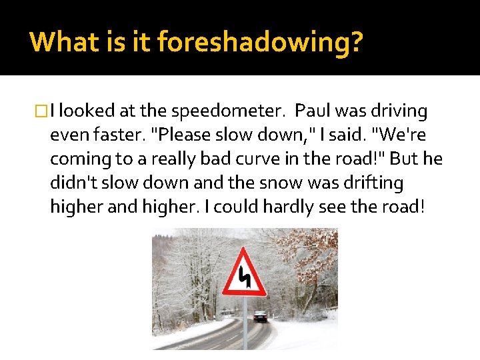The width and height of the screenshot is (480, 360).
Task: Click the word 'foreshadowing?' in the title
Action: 260,42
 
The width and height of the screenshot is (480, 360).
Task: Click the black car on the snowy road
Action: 260,317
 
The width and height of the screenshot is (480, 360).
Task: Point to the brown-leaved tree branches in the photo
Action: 317,257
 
